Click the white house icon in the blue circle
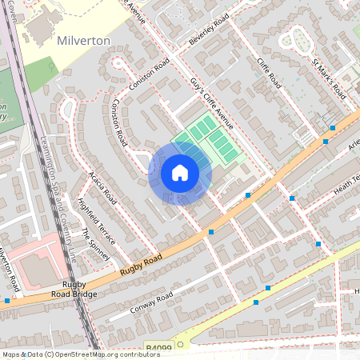click(x=180, y=173)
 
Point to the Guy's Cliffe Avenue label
click(x=212, y=103)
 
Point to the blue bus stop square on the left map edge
click(x=7, y=301)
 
